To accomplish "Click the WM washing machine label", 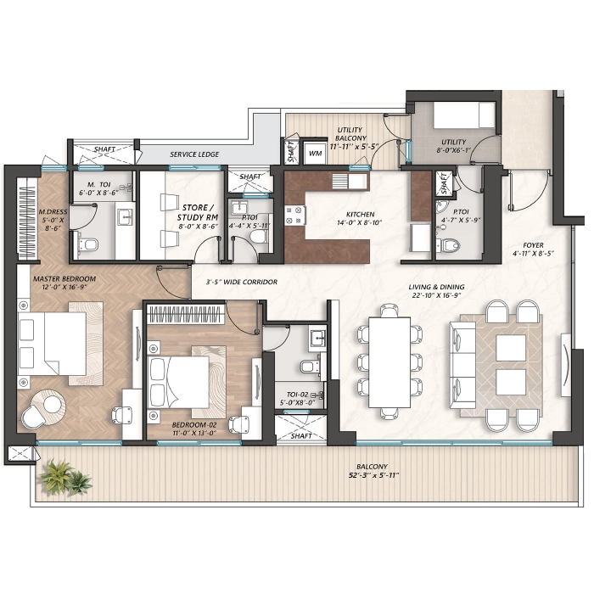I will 315,154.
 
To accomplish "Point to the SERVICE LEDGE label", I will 194,154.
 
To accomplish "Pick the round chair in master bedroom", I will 45,406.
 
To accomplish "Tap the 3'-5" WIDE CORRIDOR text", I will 241,282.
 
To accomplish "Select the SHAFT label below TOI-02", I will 301,436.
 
